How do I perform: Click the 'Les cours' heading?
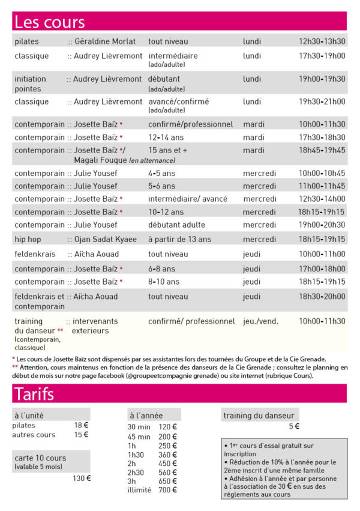click(50, 22)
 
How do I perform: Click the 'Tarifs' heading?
click(34, 394)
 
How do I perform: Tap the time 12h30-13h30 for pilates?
click(322, 41)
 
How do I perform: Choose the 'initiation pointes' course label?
click(30, 83)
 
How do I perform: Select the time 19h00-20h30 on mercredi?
click(322, 225)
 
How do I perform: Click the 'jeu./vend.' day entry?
click(260, 321)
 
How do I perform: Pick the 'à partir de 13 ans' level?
click(179, 239)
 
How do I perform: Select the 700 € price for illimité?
click(167, 489)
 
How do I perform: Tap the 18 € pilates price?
click(81, 425)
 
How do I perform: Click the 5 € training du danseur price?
click(293, 426)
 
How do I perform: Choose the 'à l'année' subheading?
click(146, 415)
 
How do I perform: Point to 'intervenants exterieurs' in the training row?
click(94, 326)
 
